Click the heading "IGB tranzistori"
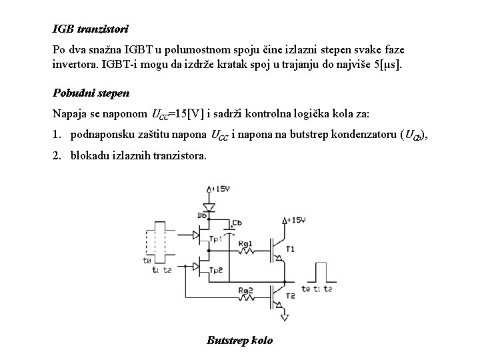90,29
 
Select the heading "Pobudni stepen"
91,92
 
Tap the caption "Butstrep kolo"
239,340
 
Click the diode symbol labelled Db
208,207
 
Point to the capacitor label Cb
237,223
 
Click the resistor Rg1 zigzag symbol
245,253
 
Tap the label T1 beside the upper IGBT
290,249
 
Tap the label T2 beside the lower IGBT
290,295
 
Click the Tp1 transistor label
215,239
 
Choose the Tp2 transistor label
215,269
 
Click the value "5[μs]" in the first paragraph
387,66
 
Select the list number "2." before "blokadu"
57,155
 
